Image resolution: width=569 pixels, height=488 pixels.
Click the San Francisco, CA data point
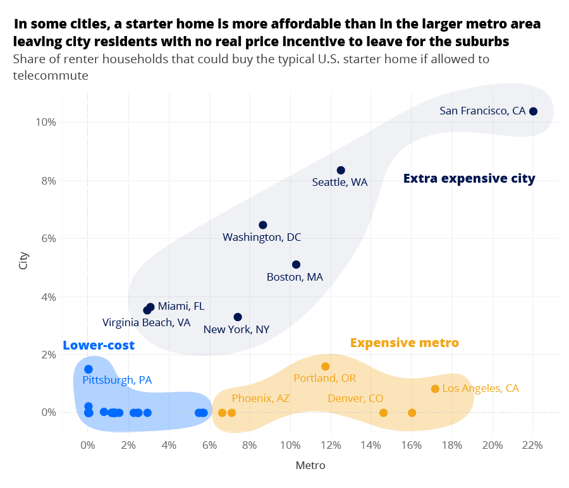tap(533, 111)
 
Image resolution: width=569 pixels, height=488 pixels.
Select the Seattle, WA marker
tap(341, 170)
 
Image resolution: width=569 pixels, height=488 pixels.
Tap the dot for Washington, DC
tap(263, 225)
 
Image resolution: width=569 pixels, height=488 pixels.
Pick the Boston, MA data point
tap(296, 264)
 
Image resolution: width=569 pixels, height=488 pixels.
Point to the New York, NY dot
tap(238, 317)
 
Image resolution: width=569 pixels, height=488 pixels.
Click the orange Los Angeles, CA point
tap(435, 389)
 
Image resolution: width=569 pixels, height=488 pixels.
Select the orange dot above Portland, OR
tap(326, 367)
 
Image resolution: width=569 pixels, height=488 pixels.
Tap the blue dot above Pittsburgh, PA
tap(89, 369)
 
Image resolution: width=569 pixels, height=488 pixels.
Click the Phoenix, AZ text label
tap(260, 398)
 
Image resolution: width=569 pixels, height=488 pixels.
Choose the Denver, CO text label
tap(355, 398)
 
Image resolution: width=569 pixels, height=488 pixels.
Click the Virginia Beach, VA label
tap(146, 322)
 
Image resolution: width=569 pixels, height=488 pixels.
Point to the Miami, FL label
tap(181, 306)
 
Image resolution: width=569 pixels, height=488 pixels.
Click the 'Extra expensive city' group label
tap(469, 179)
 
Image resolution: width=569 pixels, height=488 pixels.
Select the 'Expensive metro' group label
tap(404, 343)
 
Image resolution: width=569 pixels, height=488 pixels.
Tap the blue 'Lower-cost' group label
tap(99, 345)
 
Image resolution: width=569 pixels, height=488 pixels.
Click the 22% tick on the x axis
tap(532, 445)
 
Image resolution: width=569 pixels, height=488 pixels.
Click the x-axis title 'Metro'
tap(310, 466)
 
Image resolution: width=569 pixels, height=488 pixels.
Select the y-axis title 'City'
tap(24, 261)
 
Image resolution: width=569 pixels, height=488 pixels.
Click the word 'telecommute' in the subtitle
tap(50, 75)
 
